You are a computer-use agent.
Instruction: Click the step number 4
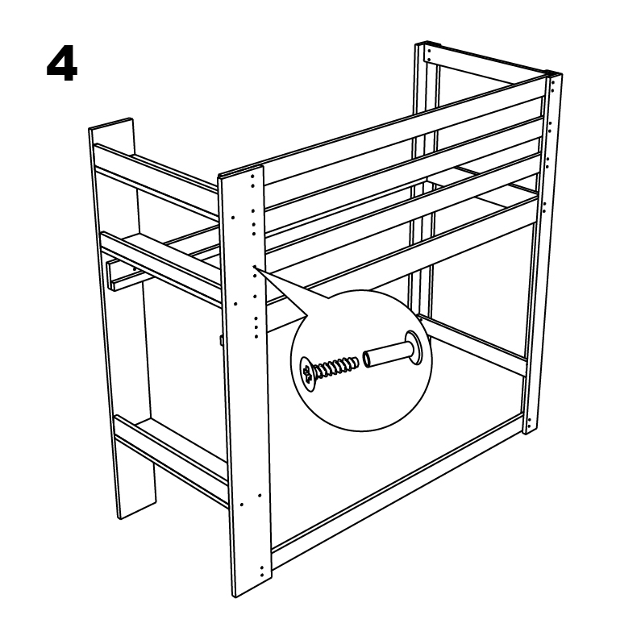pos(62,65)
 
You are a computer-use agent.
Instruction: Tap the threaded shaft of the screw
pos(336,366)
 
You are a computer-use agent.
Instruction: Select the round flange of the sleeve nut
pos(414,348)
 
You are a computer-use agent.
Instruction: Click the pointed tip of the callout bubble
pos(253,266)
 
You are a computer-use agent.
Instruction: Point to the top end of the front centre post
pos(240,171)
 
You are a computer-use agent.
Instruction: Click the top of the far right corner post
pos(555,73)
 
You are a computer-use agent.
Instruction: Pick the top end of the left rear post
pos(111,124)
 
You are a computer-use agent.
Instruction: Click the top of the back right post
pos(427,44)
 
